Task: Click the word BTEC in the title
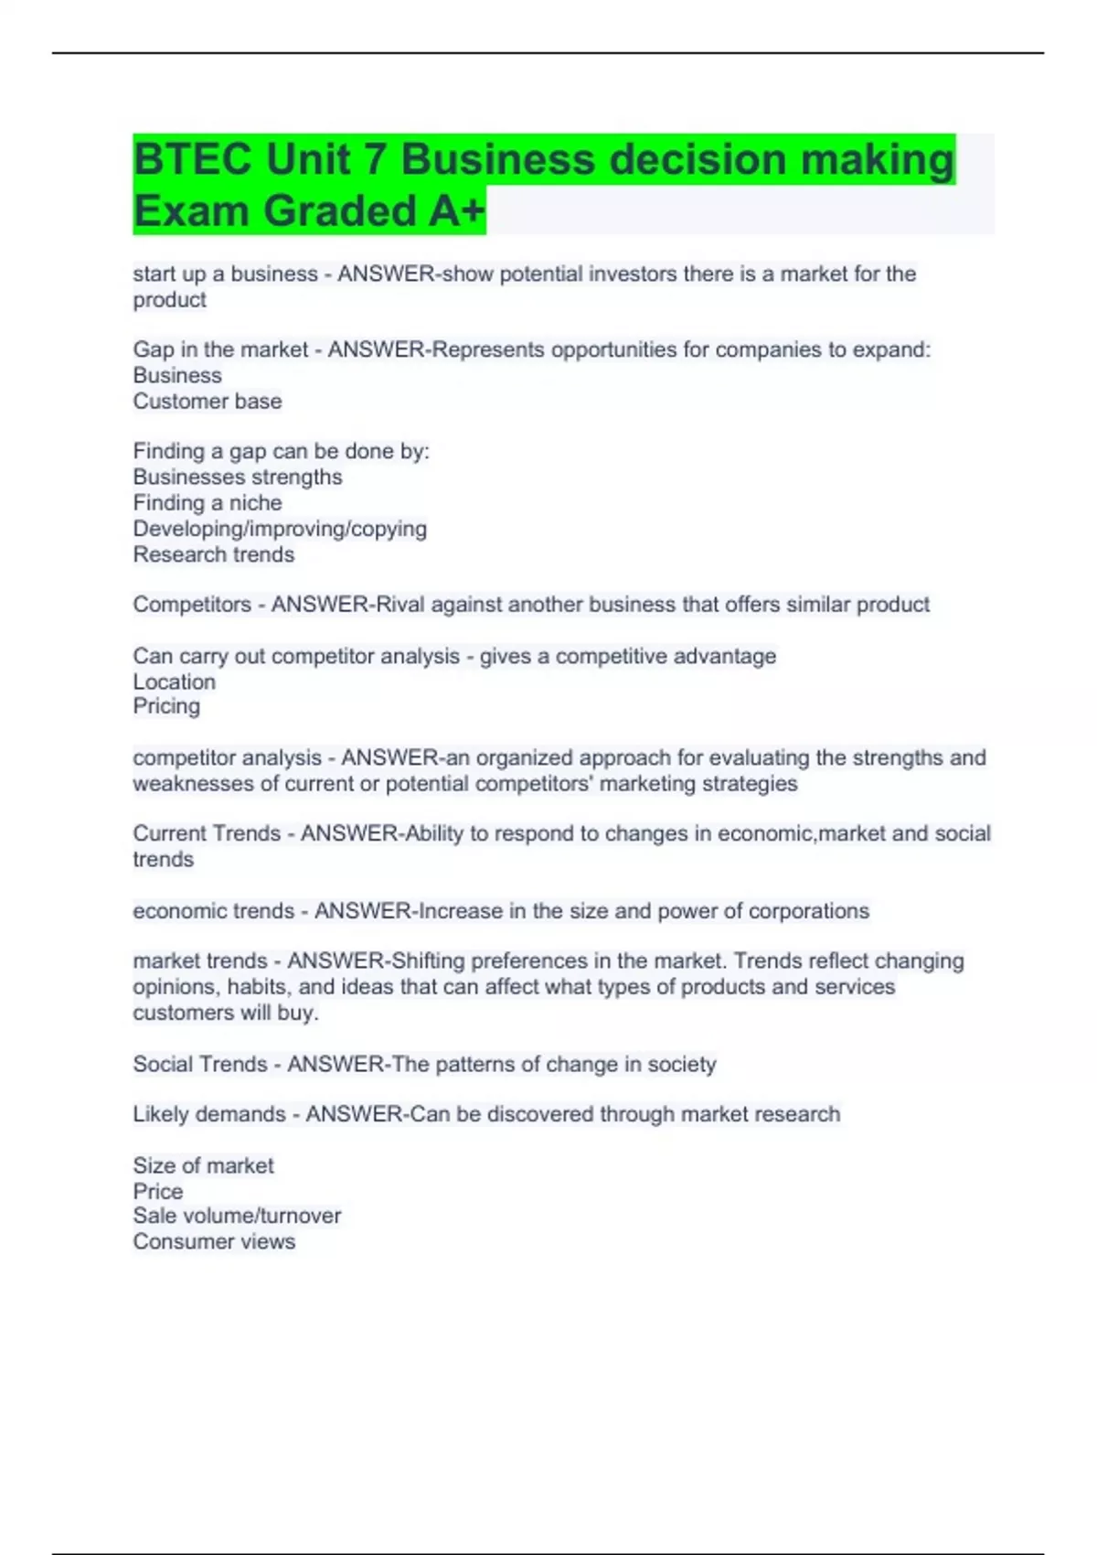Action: [191, 160]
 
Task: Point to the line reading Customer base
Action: [208, 401]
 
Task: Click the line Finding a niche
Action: [208, 502]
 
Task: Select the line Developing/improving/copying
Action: [280, 529]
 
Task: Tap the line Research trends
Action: [214, 554]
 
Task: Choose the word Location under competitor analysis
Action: [175, 681]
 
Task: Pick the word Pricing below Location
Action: [166, 706]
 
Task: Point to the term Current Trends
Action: [207, 833]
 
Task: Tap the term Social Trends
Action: [200, 1064]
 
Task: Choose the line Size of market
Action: [203, 1165]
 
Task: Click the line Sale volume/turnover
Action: [237, 1216]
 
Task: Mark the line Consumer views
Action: [214, 1241]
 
